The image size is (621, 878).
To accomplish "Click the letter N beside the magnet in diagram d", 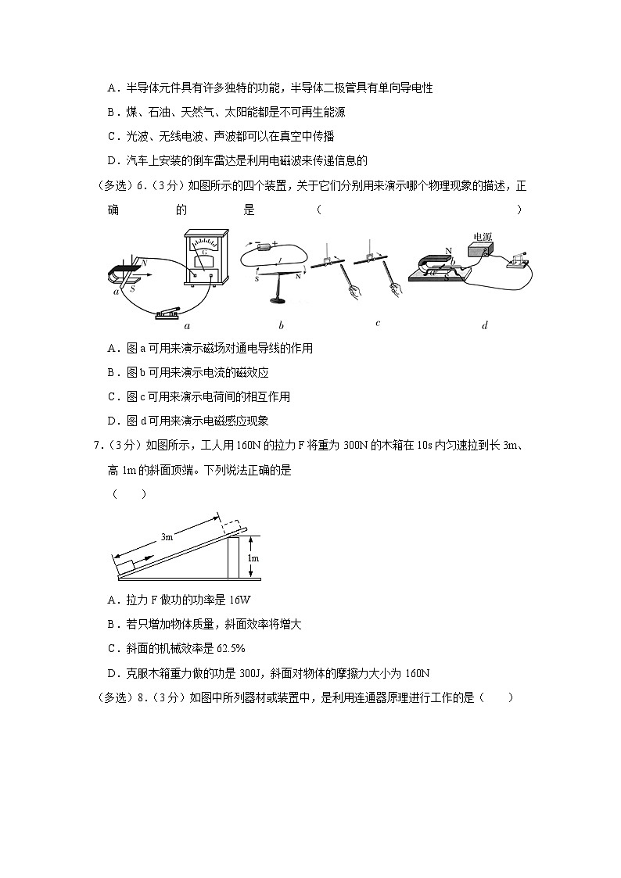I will [x=448, y=251].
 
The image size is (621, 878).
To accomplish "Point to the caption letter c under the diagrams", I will [x=378, y=323].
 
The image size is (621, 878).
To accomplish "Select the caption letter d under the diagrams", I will [x=485, y=326].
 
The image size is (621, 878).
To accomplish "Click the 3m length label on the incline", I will [x=167, y=537].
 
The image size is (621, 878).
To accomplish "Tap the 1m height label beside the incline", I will [x=253, y=558].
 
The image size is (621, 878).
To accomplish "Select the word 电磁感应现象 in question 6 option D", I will [x=236, y=421].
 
